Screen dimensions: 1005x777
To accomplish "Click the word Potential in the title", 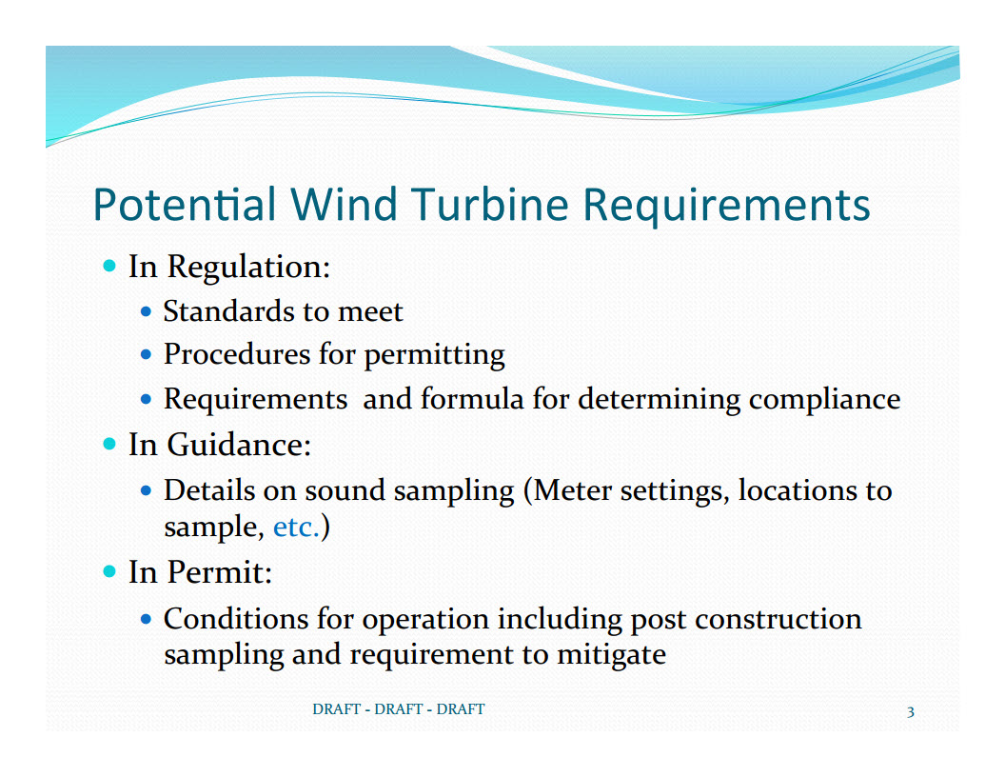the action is [x=185, y=205].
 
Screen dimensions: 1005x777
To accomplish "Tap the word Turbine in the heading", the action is [x=490, y=205].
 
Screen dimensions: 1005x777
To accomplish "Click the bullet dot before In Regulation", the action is [x=109, y=266].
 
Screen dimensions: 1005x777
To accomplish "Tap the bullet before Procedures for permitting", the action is [x=147, y=354].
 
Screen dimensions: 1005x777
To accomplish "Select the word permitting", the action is [x=435, y=356].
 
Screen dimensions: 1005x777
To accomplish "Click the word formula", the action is [x=472, y=399].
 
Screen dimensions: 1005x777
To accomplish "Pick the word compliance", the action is [x=824, y=400].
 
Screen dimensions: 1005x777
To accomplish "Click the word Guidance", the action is [x=239, y=445].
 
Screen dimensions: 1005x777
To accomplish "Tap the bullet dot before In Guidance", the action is [x=109, y=444].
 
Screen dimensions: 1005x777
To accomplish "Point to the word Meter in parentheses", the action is [x=572, y=490].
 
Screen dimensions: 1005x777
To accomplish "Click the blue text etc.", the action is [x=296, y=528].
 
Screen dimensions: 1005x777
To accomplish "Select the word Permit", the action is [x=220, y=572].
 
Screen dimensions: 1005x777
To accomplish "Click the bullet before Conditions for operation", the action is [x=147, y=619].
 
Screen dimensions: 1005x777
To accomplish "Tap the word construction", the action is [x=778, y=619].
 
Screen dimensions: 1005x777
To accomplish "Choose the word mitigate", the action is [x=611, y=655].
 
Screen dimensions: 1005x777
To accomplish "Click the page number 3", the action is [x=910, y=711].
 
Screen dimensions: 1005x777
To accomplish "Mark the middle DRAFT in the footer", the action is [x=399, y=709].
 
